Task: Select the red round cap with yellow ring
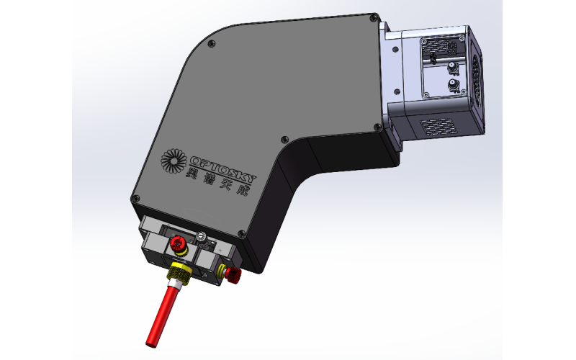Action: tap(178, 245)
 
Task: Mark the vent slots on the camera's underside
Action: tap(439, 126)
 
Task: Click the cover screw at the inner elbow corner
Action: tap(284, 140)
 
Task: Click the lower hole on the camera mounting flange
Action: tap(395, 91)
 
